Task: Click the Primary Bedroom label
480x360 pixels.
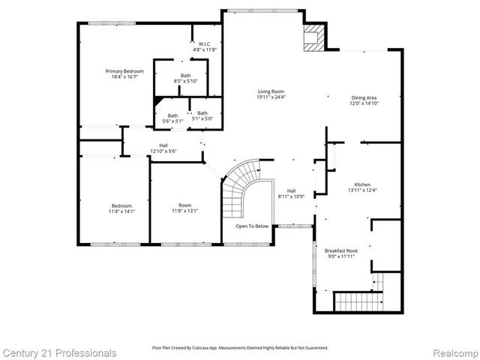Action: click(x=124, y=73)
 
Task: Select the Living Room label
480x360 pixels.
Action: click(x=271, y=93)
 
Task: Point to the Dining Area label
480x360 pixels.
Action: click(x=364, y=100)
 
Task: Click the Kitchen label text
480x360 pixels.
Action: click(x=362, y=185)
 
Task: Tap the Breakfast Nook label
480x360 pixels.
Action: click(x=340, y=253)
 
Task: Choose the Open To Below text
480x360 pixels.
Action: click(x=252, y=226)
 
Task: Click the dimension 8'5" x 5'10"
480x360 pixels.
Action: click(x=185, y=81)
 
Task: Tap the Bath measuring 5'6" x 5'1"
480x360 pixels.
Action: click(x=173, y=117)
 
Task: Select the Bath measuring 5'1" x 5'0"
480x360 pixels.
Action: click(x=202, y=115)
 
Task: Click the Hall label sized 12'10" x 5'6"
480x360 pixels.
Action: click(x=163, y=148)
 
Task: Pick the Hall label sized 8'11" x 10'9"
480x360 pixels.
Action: click(x=291, y=193)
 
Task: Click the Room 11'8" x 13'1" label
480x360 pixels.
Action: click(x=184, y=208)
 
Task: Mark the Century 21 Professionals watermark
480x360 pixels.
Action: click(x=59, y=352)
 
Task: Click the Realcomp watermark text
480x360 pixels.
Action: click(x=450, y=352)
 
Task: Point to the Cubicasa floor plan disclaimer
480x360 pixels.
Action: click(x=240, y=348)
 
